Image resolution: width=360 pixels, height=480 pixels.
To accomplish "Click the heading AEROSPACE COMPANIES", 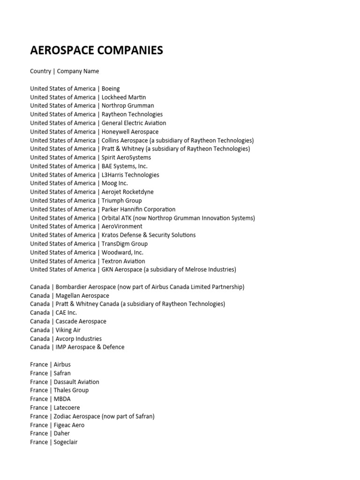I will point(97,51).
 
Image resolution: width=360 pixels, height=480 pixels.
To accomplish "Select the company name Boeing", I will point(111,89).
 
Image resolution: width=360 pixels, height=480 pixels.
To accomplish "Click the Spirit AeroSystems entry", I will point(126,157).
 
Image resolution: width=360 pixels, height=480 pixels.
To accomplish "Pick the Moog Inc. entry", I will point(114,183).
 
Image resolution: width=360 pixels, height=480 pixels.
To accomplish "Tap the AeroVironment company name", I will point(122,226).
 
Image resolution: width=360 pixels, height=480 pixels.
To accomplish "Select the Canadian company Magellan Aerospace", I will point(82,295).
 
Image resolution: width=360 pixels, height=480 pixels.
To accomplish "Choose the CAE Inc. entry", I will point(66,313).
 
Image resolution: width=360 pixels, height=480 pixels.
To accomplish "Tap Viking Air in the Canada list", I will point(68,330).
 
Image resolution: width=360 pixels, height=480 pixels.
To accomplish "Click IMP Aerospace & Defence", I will point(90,347).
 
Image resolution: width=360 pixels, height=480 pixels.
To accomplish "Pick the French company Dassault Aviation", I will point(76,382).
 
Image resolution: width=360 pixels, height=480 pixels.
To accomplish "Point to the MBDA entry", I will point(62,399).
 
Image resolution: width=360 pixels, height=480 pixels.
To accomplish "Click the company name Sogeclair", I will point(66,442).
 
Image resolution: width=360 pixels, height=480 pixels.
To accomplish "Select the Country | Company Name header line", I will point(65,71).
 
